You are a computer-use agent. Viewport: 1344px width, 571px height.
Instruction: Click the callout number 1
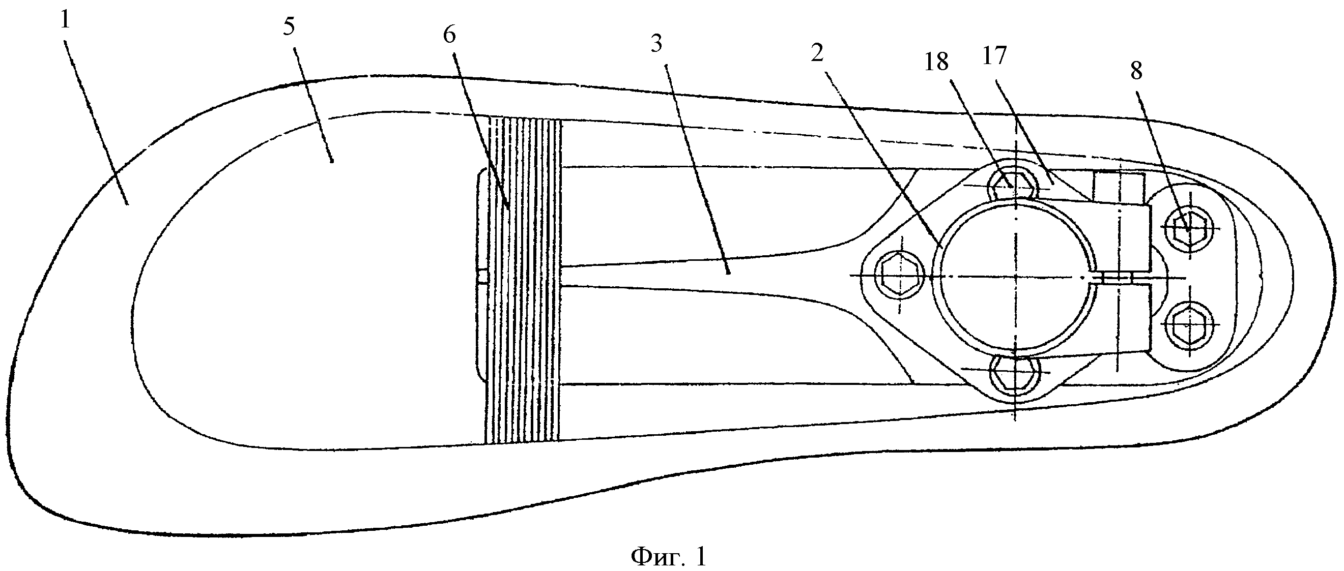(x=65, y=21)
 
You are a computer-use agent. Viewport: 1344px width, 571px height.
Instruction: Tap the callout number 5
(x=289, y=26)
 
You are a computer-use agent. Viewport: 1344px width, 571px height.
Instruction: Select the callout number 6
(x=449, y=35)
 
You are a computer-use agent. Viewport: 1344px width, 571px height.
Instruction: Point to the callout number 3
(x=656, y=44)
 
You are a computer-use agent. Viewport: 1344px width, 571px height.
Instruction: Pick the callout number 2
(x=817, y=53)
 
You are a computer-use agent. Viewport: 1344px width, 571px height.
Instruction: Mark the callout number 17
(x=994, y=56)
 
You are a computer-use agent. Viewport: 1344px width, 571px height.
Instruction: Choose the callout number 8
(x=1136, y=71)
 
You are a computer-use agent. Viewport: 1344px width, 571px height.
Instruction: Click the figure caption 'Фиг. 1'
(x=669, y=557)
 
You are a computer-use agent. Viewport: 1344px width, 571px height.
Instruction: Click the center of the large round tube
(x=1015, y=277)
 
